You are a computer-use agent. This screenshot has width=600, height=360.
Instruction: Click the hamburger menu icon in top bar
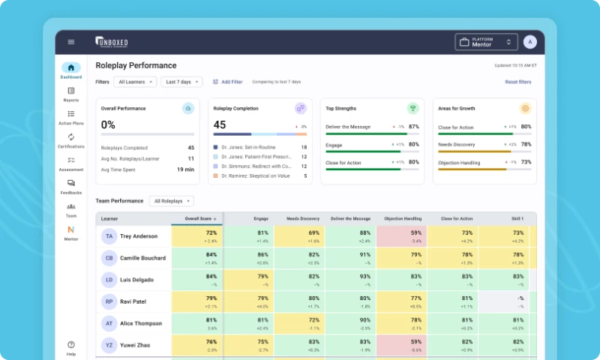click(71, 42)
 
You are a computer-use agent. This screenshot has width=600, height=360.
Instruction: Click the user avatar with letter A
click(530, 42)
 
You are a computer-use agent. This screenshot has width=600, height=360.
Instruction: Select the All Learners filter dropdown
click(135, 82)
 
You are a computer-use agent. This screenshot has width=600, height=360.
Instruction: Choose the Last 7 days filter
click(181, 82)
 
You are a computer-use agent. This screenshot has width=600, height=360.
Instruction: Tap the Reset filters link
click(517, 82)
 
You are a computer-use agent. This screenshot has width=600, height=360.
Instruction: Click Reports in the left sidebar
click(71, 94)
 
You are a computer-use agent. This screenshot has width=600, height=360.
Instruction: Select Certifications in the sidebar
click(71, 140)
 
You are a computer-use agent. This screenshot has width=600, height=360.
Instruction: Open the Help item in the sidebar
click(71, 348)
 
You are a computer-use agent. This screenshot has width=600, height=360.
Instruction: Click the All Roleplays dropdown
click(171, 201)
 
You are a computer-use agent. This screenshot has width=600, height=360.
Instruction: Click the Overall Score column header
click(196, 219)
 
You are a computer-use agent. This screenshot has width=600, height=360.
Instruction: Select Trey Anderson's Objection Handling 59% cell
click(401, 236)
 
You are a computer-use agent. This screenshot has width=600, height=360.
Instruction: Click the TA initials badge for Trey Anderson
click(109, 236)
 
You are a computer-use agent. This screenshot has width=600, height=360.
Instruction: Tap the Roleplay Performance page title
click(136, 66)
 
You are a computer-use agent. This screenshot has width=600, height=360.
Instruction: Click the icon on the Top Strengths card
click(412, 108)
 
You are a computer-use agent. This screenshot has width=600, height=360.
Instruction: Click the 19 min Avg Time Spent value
click(185, 169)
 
